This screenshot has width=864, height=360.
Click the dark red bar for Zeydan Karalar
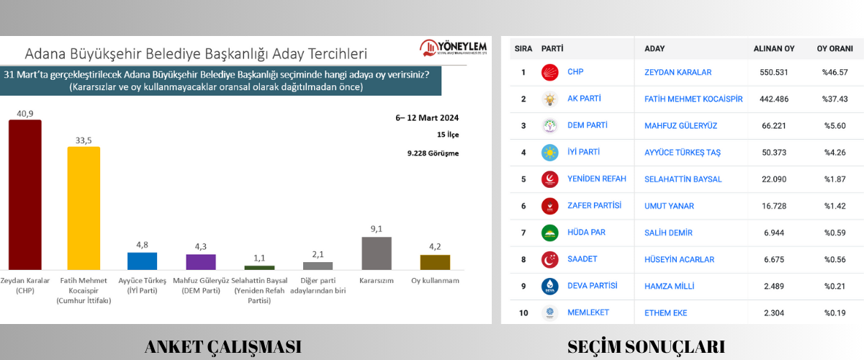pyautogui.click(x=24, y=194)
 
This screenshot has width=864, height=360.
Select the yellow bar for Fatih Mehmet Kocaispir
pyautogui.click(x=84, y=208)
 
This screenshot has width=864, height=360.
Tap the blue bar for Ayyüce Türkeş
pyautogui.click(x=142, y=261)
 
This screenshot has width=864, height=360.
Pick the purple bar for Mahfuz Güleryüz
pyautogui.click(x=201, y=262)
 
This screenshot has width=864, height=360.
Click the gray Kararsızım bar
pyautogui.click(x=377, y=253)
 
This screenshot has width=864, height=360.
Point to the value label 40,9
pyautogui.click(x=24, y=113)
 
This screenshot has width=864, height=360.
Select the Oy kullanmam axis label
pyautogui.click(x=435, y=280)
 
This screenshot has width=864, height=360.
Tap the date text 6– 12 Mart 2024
pyautogui.click(x=426, y=118)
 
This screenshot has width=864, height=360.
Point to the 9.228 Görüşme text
pyautogui.click(x=432, y=153)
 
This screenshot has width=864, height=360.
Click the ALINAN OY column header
pyautogui.click(x=774, y=49)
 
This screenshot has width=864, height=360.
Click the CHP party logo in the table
pyautogui.click(x=550, y=73)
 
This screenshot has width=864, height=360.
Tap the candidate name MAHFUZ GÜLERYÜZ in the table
pyautogui.click(x=681, y=126)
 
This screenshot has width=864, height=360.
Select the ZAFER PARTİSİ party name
pyautogui.click(x=594, y=206)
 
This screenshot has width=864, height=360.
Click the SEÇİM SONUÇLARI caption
pyautogui.click(x=646, y=346)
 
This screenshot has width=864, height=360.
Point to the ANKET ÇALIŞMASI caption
pyautogui.click(x=223, y=346)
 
